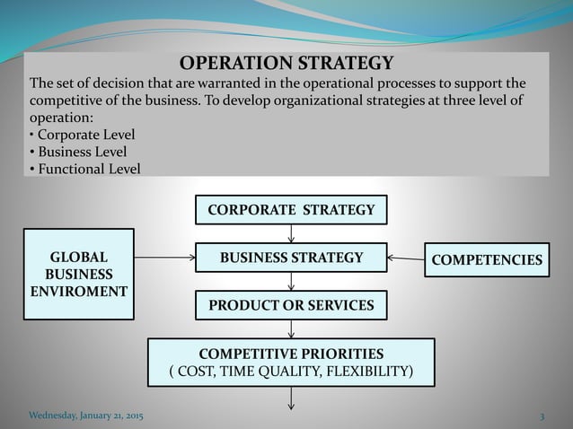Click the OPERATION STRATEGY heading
(x=286, y=63)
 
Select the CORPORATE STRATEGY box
(x=291, y=210)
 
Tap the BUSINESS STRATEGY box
(x=291, y=258)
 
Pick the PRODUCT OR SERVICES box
(x=291, y=305)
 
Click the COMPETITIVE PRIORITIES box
(x=291, y=362)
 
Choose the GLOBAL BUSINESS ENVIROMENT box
(x=79, y=274)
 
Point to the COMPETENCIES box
(x=487, y=260)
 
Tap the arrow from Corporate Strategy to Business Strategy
(x=292, y=233)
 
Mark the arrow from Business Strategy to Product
(x=292, y=282)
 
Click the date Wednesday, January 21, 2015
(x=85, y=417)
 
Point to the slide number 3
(x=542, y=417)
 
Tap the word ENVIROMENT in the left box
(x=78, y=292)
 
